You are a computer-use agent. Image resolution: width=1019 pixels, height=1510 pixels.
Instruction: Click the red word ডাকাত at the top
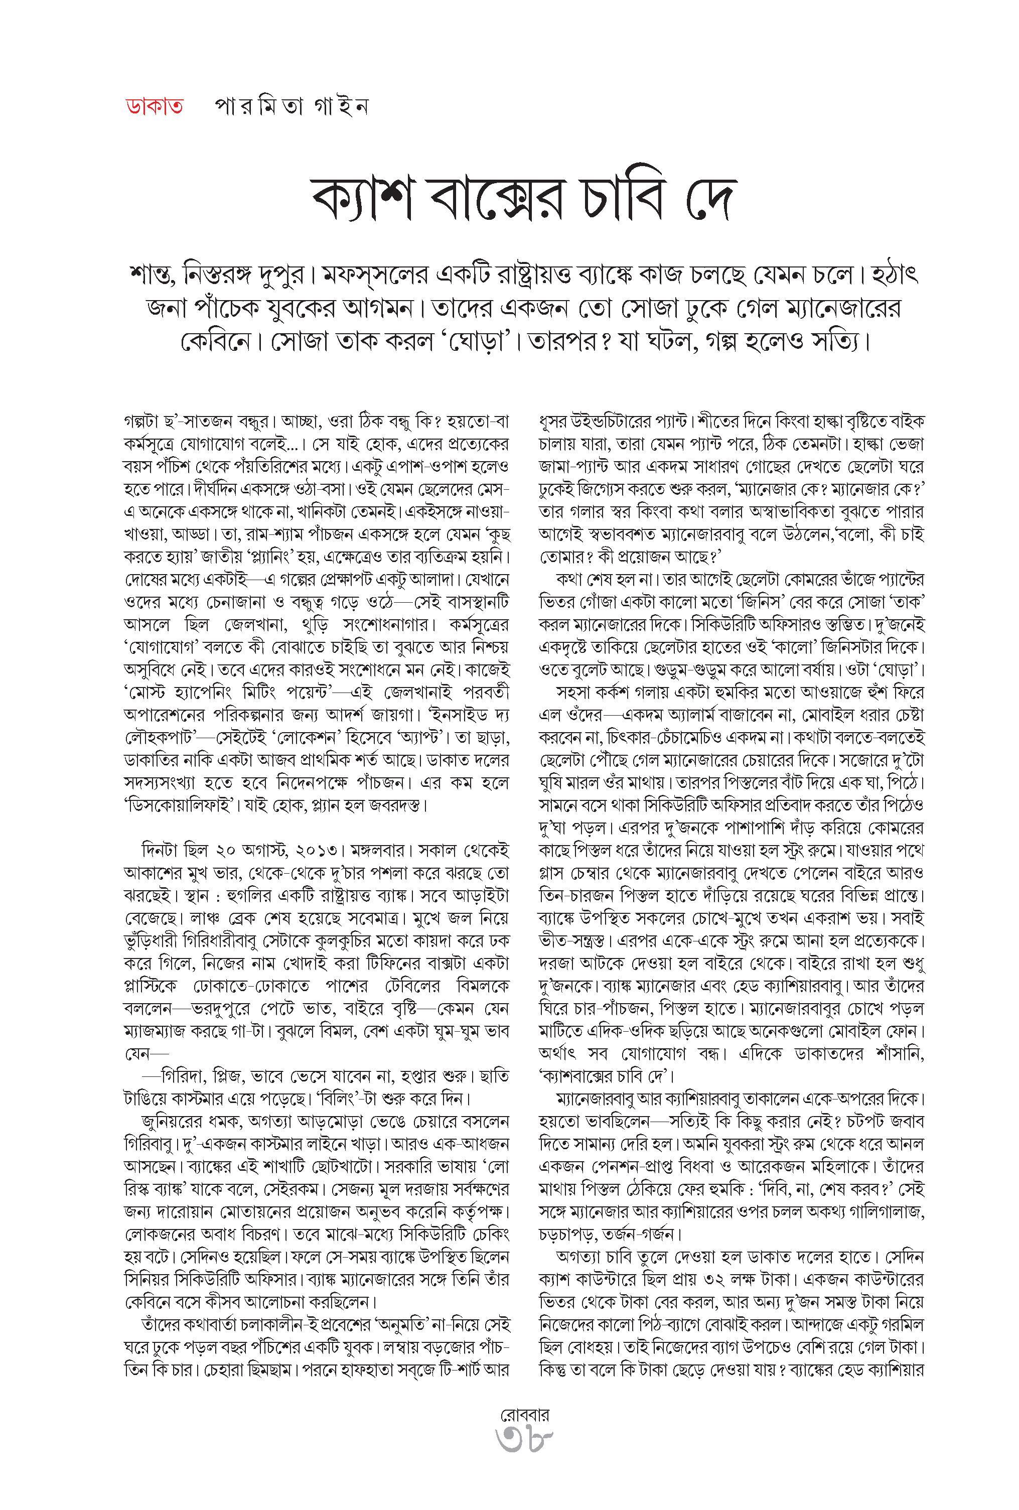pos(154,106)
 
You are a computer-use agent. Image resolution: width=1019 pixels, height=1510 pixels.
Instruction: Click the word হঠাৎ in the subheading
pos(889,276)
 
